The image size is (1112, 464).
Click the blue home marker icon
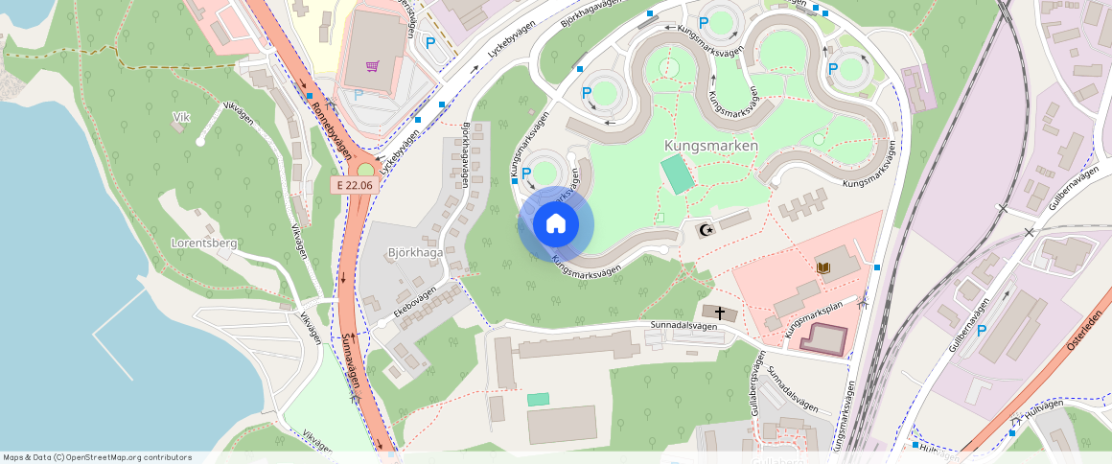tap(556, 224)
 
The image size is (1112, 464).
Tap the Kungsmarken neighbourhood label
tap(710, 146)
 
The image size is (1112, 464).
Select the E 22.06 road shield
tap(352, 184)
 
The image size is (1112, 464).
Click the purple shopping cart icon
tap(372, 66)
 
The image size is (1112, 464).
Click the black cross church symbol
tap(719, 313)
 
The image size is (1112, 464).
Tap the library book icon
tap(822, 267)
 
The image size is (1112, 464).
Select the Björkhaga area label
tap(415, 253)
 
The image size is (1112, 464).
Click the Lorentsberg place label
tap(203, 244)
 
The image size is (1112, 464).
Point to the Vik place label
tap(181, 117)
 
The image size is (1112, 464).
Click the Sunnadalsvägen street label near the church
tap(683, 326)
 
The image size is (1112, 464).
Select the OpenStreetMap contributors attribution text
tap(96, 457)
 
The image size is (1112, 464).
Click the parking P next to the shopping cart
tap(429, 42)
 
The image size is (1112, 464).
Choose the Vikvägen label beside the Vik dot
tap(237, 115)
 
